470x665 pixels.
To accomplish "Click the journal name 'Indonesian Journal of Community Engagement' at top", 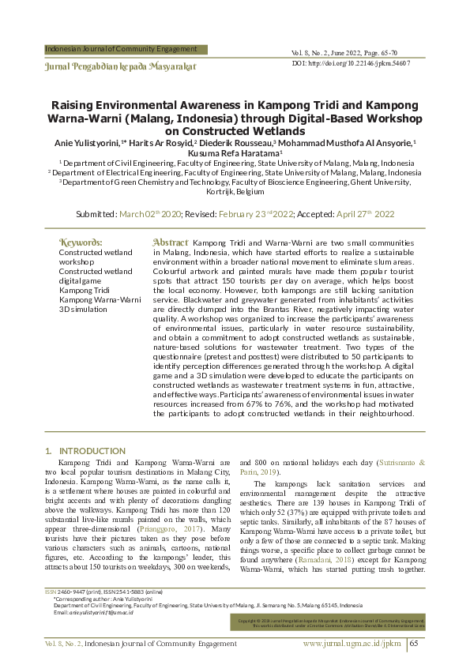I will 121,49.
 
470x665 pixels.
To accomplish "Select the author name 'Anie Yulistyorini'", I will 85,143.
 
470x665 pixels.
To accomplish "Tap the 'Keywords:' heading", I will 81,242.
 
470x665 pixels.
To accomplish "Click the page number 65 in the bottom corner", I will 417,644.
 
